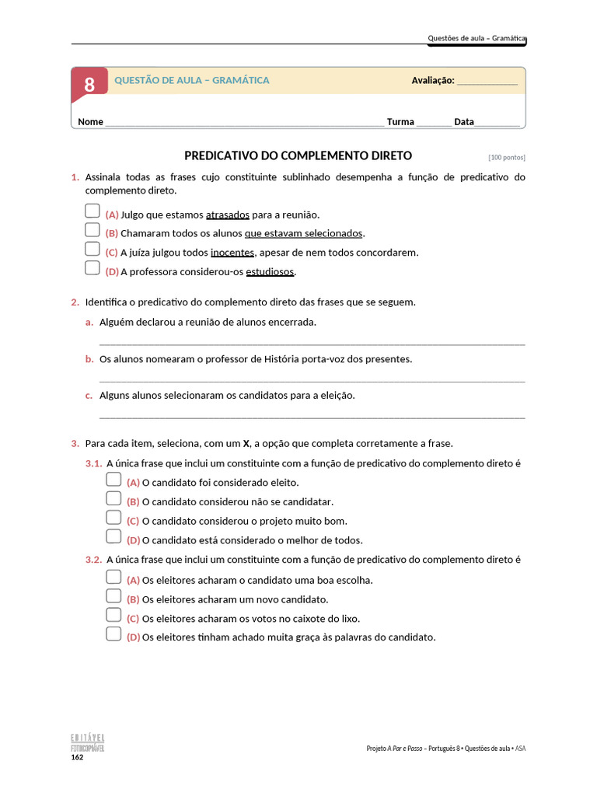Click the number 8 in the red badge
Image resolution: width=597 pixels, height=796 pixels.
click(89, 84)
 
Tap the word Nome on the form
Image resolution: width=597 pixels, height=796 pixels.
click(90, 122)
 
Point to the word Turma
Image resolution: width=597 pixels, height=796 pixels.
click(400, 122)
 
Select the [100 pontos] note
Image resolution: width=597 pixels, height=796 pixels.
click(507, 157)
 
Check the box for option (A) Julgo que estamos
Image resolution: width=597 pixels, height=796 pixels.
click(93, 211)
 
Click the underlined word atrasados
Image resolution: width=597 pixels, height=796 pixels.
click(228, 215)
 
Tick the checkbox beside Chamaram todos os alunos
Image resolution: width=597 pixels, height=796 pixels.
click(93, 230)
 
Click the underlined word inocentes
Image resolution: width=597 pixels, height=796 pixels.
click(232, 253)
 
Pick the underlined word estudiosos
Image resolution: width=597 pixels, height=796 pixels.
click(271, 272)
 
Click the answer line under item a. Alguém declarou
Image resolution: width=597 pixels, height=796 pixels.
click(312, 343)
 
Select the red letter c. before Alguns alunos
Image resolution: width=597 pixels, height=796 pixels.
click(89, 396)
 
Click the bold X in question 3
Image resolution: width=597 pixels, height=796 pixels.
click(246, 444)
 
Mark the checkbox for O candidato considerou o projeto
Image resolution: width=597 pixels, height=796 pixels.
click(113, 518)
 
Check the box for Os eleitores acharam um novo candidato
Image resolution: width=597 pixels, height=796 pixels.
click(113, 596)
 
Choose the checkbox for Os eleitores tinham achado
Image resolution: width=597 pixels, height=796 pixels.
click(113, 634)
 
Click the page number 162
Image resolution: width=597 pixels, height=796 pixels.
click(77, 757)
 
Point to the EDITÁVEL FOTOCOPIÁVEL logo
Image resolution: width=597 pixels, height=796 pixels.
click(88, 742)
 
